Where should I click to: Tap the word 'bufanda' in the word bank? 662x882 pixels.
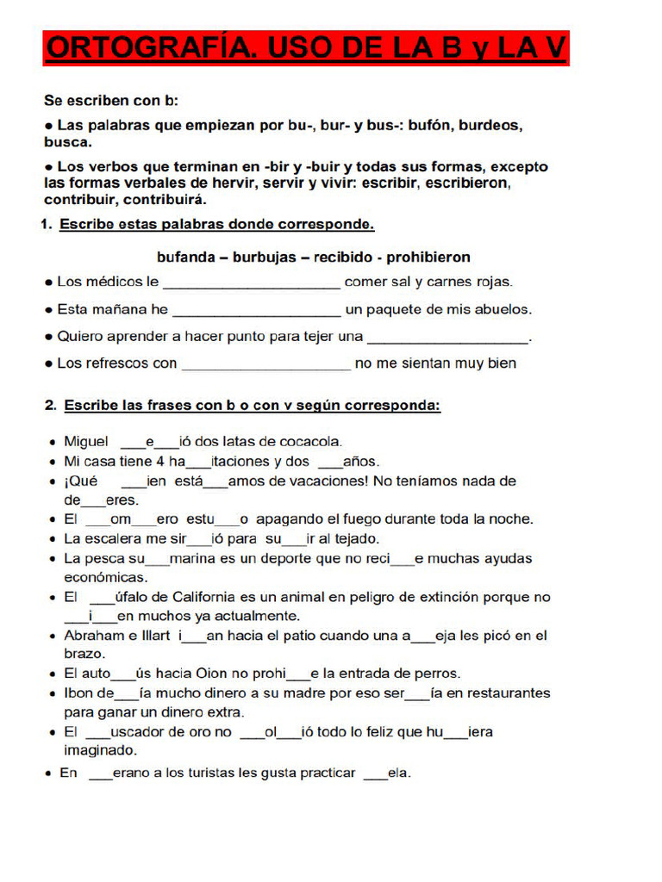185,257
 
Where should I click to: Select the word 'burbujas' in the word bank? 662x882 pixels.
260,257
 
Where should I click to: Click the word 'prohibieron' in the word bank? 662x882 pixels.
428,257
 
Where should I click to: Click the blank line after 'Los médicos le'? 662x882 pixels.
252,284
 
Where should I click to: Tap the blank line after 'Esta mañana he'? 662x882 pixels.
257,312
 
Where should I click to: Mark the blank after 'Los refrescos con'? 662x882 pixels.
266,366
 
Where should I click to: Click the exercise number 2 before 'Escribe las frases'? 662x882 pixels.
50,404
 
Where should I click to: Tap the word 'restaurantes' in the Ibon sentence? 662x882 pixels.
507,693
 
